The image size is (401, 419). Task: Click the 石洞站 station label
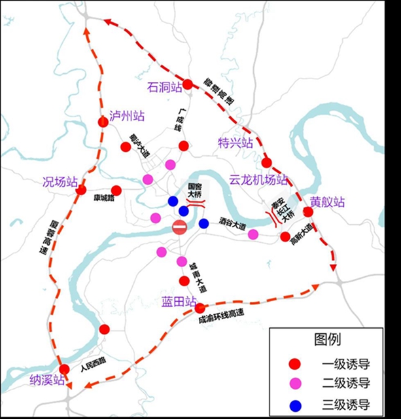pos(163,87)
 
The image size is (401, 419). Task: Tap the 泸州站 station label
pos(127,116)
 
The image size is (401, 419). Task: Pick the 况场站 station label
pos(60,181)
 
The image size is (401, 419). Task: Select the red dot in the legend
pos(296,364)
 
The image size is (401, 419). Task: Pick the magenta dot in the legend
pos(296,384)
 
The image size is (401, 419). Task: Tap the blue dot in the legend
pos(296,404)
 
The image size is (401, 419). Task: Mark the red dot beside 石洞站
pos(188,84)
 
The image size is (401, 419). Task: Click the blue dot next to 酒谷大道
pos(203,224)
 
